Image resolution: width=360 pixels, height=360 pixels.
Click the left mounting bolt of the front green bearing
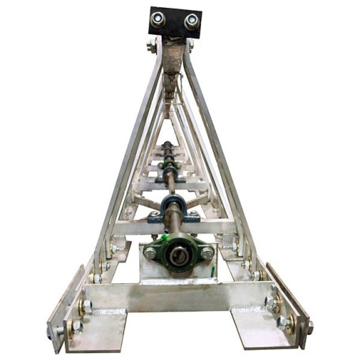(150, 253)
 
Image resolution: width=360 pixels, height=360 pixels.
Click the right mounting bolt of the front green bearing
(207, 253)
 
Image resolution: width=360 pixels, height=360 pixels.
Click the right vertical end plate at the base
(288, 305)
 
